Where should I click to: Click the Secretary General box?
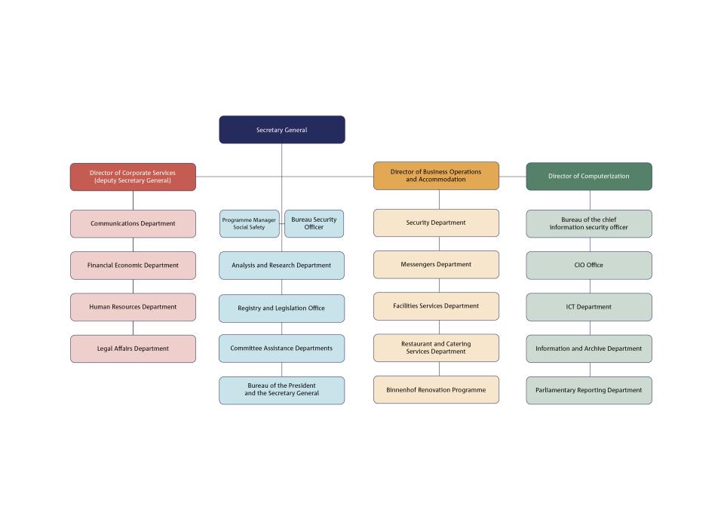[x=281, y=130]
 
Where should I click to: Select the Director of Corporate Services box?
[x=133, y=177]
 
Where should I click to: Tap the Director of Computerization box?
[x=589, y=177]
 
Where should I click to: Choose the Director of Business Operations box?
[x=437, y=176]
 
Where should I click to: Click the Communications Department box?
[x=133, y=224]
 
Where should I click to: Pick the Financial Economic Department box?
[x=133, y=266]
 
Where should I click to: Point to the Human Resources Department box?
[x=133, y=307]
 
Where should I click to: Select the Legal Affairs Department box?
[x=133, y=349]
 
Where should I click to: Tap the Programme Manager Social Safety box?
[x=250, y=224]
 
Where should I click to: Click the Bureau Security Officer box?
[x=314, y=224]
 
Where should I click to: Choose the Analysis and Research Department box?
[x=281, y=266]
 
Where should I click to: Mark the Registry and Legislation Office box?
[x=281, y=309]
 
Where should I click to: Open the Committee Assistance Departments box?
[x=281, y=349]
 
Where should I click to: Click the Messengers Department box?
[x=437, y=265]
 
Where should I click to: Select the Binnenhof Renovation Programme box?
[x=437, y=390]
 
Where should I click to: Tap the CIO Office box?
[x=589, y=266]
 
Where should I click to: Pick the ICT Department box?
[x=589, y=307]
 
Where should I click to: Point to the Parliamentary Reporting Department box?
[x=589, y=391]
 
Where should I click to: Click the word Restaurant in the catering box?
[x=416, y=344]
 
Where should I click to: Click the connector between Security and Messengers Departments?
[x=439, y=244]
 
